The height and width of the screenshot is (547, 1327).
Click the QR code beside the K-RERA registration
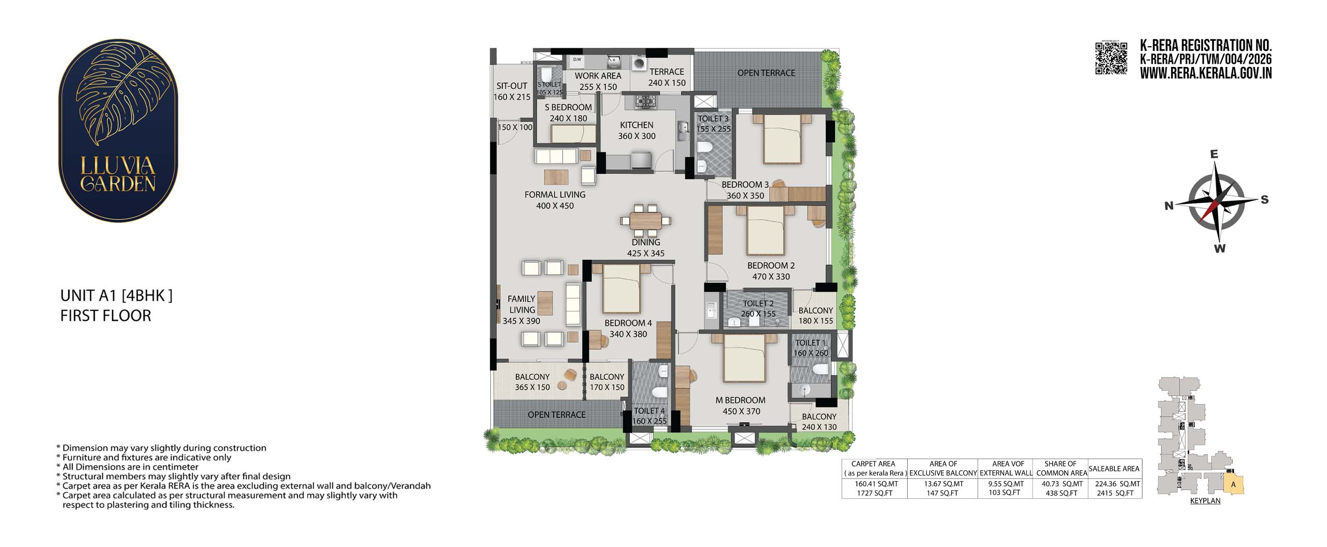1111,58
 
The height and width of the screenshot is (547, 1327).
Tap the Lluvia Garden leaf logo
118,130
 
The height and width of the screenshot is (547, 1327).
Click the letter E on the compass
1213,154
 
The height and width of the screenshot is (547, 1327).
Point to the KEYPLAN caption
1205,501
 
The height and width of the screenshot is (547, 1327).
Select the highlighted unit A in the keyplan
1233,484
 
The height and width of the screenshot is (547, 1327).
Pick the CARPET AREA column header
873,464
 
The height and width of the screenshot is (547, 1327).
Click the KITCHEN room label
637,125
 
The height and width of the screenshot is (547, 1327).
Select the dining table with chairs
646,221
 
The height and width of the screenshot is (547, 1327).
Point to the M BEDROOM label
740,400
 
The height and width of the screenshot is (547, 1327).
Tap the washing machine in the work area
639,63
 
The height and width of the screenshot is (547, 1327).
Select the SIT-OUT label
512,86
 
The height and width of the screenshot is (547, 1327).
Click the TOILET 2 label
758,303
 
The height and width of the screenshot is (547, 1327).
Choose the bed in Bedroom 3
782,138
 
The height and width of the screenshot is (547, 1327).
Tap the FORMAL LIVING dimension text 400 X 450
555,206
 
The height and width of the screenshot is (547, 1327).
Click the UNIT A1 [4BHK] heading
116,296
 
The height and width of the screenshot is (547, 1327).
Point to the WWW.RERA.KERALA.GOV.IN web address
1206,73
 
